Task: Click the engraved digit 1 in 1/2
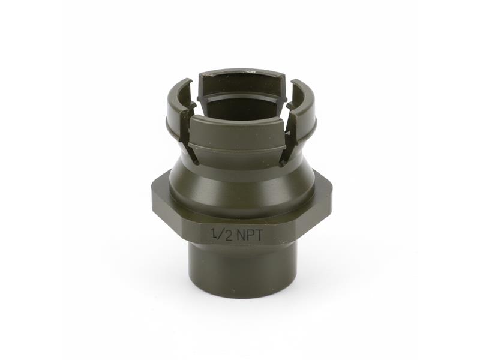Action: (214, 234)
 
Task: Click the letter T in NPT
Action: (259, 235)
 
